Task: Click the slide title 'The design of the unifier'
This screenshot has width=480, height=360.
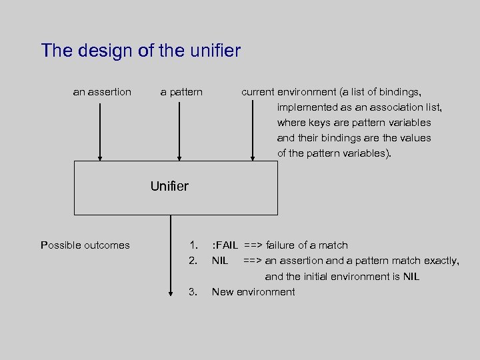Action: point(141,51)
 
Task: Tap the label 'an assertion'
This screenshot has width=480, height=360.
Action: point(102,92)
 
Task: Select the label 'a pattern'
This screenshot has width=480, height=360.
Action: point(181,92)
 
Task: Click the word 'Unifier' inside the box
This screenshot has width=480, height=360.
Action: point(169,187)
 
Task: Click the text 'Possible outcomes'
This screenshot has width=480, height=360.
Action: point(85,245)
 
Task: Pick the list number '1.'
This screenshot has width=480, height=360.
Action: point(193,245)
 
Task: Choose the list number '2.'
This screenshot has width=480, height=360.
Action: point(193,261)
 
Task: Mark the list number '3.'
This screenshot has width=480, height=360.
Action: point(193,291)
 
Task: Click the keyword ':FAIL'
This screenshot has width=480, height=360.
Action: point(225,245)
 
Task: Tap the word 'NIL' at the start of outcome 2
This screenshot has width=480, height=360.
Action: point(220,261)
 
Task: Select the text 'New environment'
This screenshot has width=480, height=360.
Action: point(253,291)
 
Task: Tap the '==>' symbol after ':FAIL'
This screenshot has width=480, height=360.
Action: point(253,245)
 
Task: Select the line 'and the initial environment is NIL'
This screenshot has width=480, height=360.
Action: point(342,276)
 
